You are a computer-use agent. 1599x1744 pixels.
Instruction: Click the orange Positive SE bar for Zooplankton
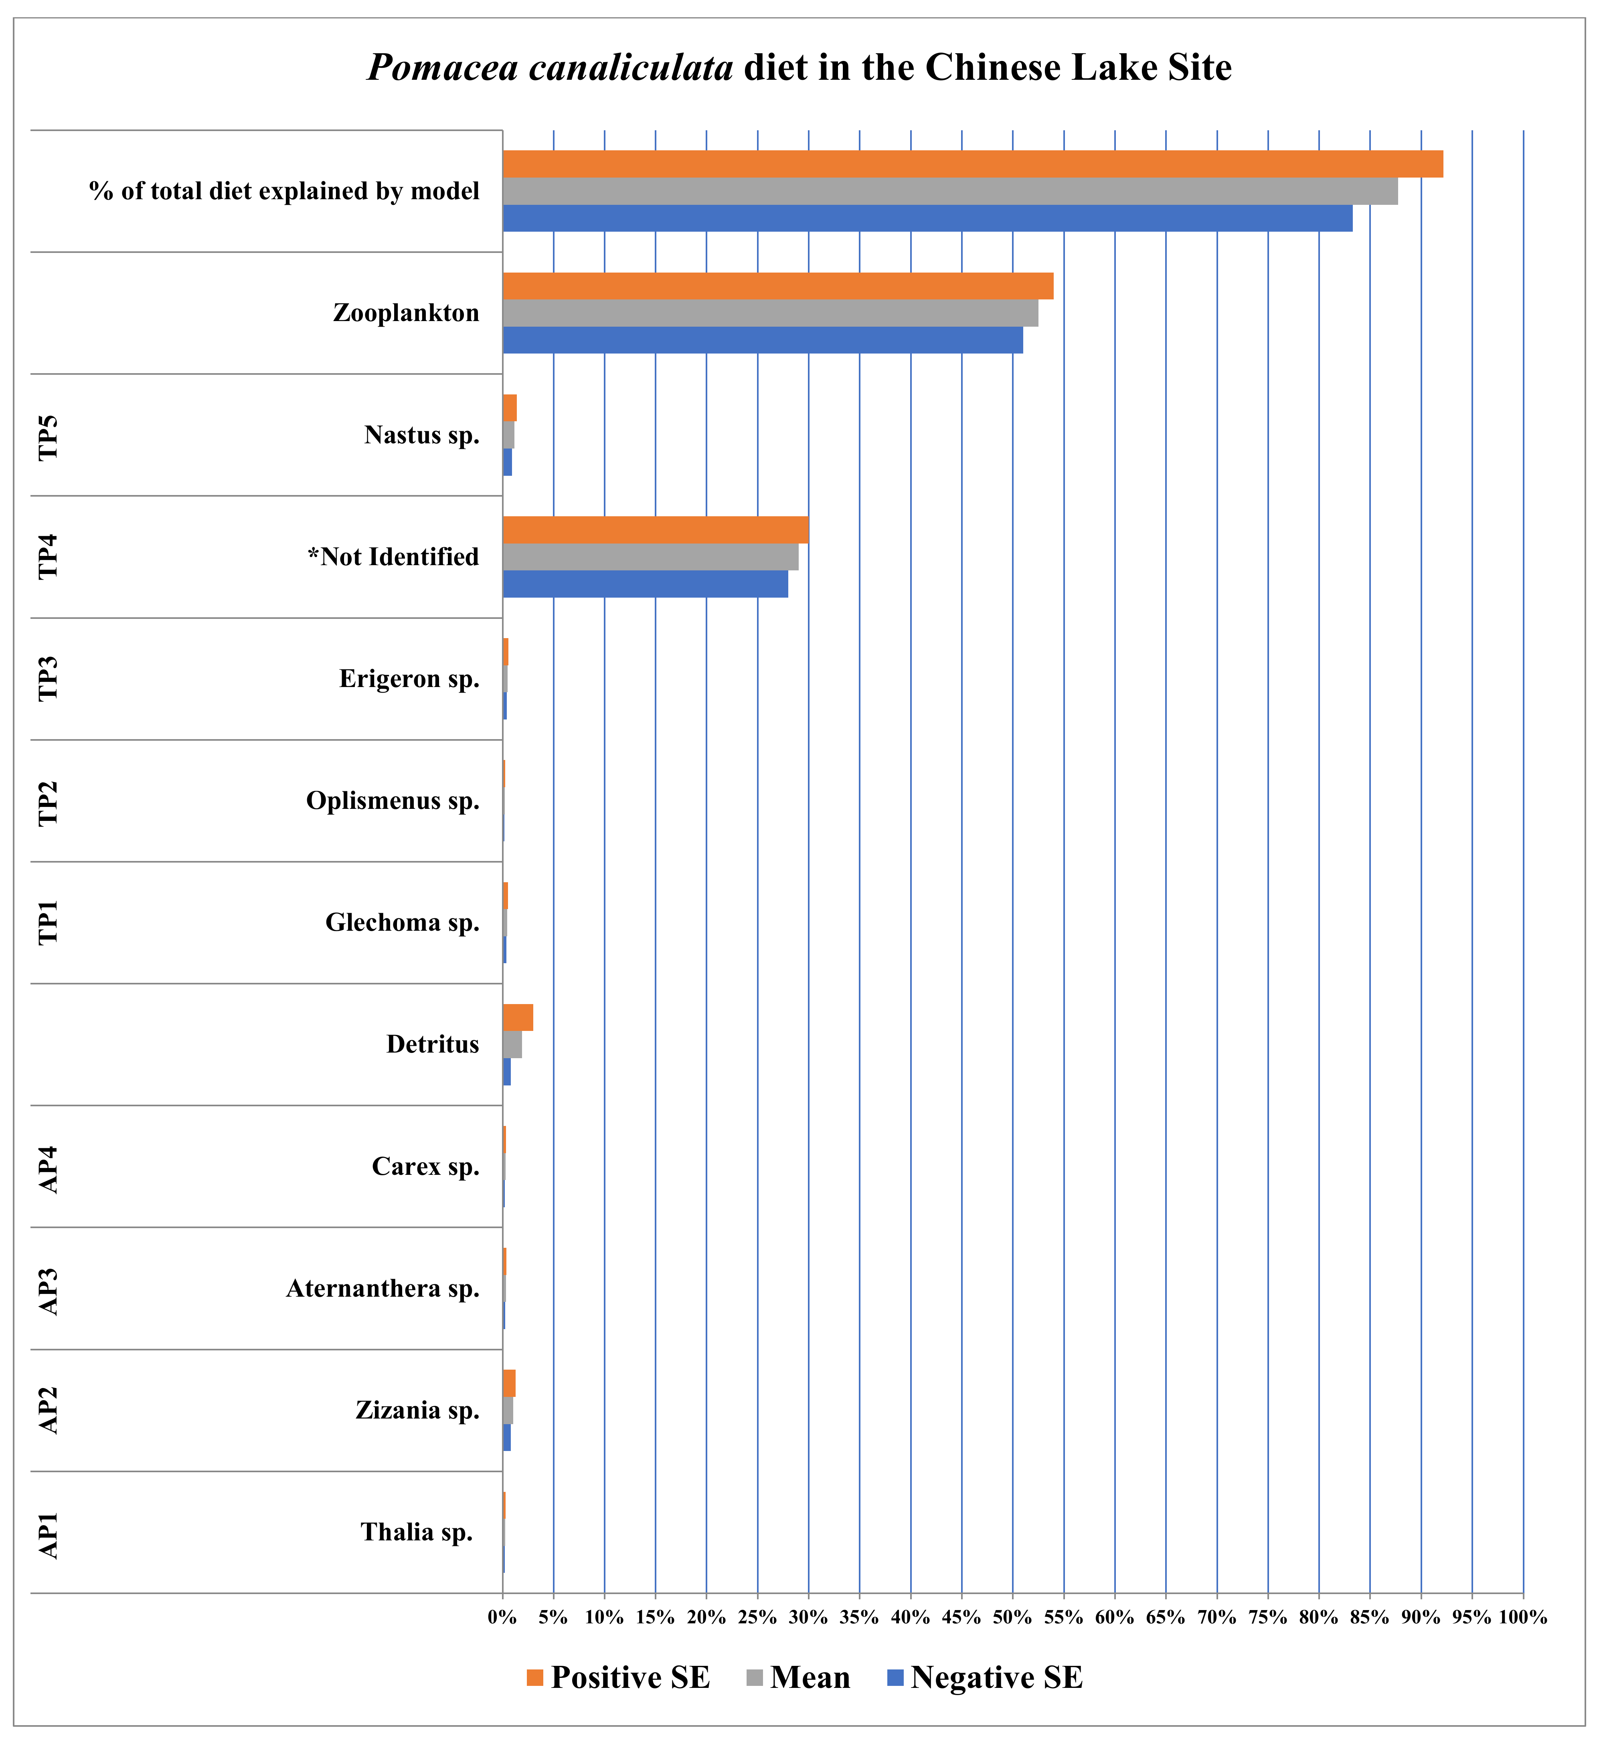click(777, 285)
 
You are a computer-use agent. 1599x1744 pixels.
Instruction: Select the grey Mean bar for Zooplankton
click(770, 312)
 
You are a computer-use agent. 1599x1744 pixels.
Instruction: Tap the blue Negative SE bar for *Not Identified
click(645, 584)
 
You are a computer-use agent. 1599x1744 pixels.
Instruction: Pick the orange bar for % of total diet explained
click(972, 164)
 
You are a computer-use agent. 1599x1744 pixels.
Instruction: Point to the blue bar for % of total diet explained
click(927, 218)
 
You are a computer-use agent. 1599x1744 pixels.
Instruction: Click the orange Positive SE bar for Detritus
click(517, 1017)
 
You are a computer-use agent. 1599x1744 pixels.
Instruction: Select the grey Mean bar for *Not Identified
click(650, 557)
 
